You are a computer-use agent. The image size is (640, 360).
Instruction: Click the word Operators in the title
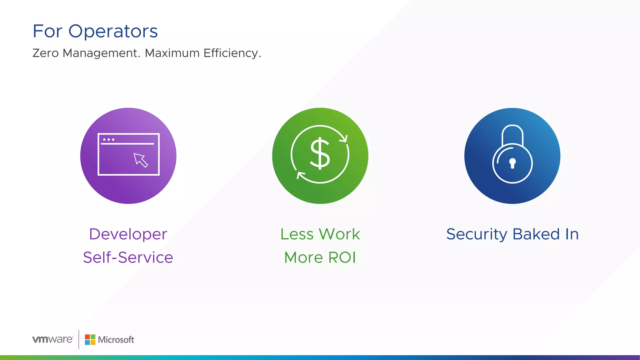click(x=113, y=32)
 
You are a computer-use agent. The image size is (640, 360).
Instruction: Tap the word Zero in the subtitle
click(x=46, y=53)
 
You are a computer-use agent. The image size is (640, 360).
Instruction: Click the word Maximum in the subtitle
click(x=172, y=53)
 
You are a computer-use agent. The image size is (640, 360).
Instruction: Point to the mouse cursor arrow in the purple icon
click(x=140, y=160)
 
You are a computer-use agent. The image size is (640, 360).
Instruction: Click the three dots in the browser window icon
click(x=108, y=139)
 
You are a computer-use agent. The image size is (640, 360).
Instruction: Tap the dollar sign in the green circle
click(x=320, y=154)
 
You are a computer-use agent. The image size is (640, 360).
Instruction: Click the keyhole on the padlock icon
click(x=512, y=163)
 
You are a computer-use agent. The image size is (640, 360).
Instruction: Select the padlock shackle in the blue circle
click(x=512, y=134)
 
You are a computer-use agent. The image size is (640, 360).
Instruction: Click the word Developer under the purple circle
click(x=128, y=234)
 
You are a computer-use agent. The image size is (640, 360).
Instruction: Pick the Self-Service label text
click(x=128, y=257)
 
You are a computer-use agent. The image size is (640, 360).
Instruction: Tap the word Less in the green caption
click(x=297, y=234)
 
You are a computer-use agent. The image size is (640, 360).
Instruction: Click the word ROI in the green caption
click(x=342, y=257)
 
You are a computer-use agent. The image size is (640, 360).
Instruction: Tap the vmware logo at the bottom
click(x=53, y=339)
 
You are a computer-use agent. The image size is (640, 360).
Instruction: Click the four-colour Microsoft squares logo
click(x=90, y=340)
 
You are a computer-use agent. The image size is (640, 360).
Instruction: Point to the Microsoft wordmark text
click(x=116, y=340)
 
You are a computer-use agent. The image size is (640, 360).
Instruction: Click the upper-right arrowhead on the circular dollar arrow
click(x=344, y=138)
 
